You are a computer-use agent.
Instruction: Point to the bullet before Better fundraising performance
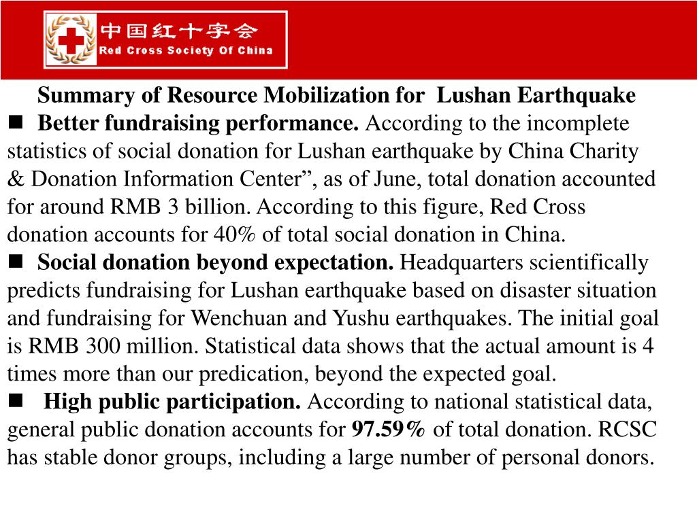pos(16,123)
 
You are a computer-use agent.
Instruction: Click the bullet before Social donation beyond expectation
pos(16,262)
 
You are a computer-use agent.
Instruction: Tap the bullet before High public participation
pos(16,401)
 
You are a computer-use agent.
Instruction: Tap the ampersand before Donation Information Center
pos(16,179)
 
